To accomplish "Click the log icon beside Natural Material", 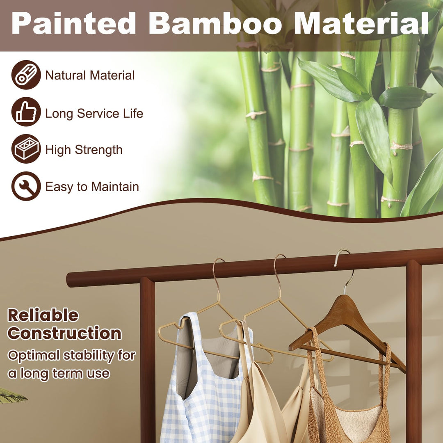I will click(x=26, y=75).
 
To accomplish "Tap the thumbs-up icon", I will click(x=26, y=112).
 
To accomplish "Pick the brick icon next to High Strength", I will click(x=26, y=149).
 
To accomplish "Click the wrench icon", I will click(x=26, y=186).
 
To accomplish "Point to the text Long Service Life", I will click(x=94, y=113).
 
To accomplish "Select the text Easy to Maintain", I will click(x=92, y=187).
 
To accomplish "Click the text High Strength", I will click(x=84, y=150).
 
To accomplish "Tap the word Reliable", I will click(x=43, y=315).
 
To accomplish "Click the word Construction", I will click(x=64, y=333).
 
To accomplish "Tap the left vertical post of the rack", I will click(x=148, y=361).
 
